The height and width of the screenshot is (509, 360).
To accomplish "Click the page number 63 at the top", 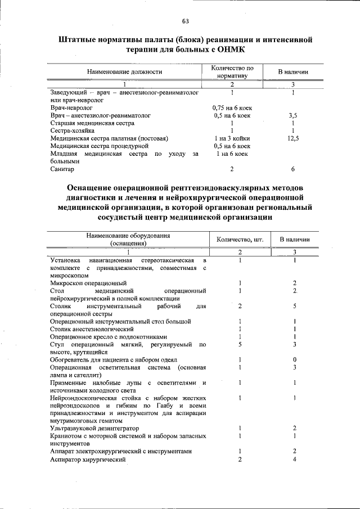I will pyautogui.click(x=185, y=21).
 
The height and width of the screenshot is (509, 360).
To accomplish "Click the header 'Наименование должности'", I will pyautogui.click(x=124, y=72).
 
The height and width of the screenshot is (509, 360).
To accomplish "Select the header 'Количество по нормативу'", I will pyautogui.click(x=232, y=72).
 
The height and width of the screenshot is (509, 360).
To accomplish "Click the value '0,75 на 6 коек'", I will pyautogui.click(x=231, y=107).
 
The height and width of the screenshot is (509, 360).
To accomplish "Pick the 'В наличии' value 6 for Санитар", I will pyautogui.click(x=293, y=169).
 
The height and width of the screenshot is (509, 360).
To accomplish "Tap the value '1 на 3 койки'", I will pyautogui.click(x=231, y=138).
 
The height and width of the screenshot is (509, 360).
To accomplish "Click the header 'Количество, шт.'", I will pyautogui.click(x=240, y=240).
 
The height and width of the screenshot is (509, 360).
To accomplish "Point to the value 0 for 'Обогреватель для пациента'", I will pyautogui.click(x=294, y=359).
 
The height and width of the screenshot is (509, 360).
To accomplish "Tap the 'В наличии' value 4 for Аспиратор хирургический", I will pyautogui.click(x=294, y=460).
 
